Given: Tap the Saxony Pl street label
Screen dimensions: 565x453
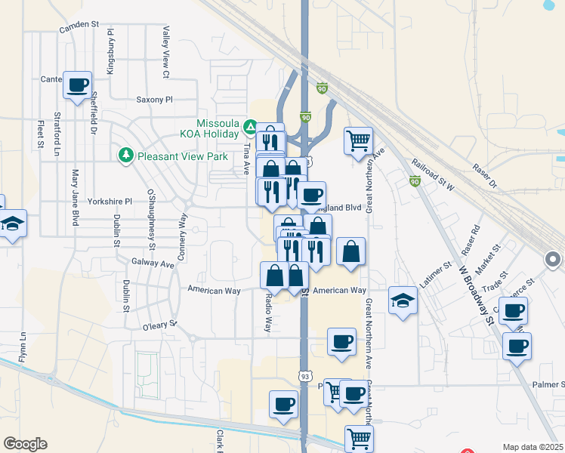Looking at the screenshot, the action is [x=154, y=99].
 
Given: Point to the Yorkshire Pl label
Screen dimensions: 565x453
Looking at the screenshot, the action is [x=110, y=202].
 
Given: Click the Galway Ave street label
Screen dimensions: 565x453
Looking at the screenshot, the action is [x=153, y=263].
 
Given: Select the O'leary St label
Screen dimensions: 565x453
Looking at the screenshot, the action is [x=159, y=325].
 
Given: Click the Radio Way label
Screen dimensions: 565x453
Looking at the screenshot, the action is [x=267, y=313].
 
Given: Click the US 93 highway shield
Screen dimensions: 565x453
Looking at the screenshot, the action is [x=305, y=376].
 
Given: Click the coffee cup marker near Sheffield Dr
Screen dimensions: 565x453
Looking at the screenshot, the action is [x=77, y=85].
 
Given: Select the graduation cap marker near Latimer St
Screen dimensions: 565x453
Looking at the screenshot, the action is [x=403, y=300].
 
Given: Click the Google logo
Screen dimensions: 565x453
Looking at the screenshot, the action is [x=25, y=444].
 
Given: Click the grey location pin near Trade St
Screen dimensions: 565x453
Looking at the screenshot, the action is [x=552, y=260].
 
